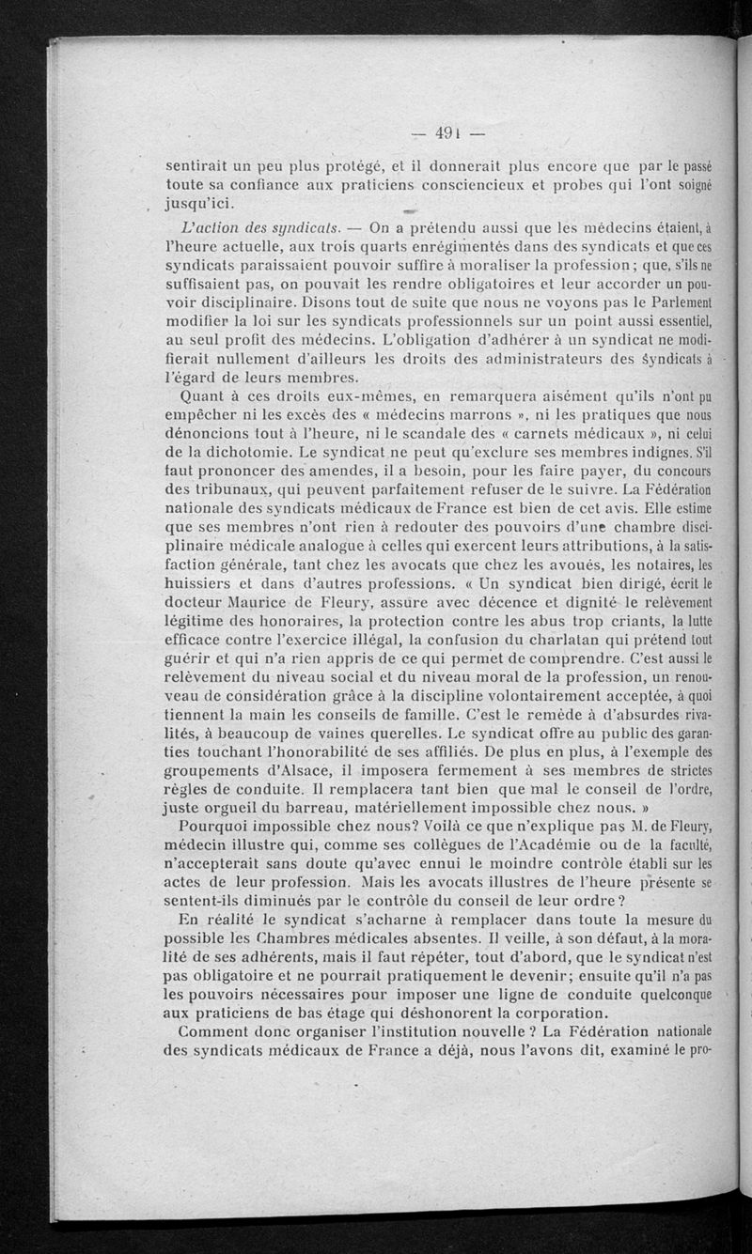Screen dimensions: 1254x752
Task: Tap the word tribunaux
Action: [212, 489]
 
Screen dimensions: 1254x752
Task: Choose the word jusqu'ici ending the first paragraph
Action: [201, 202]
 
